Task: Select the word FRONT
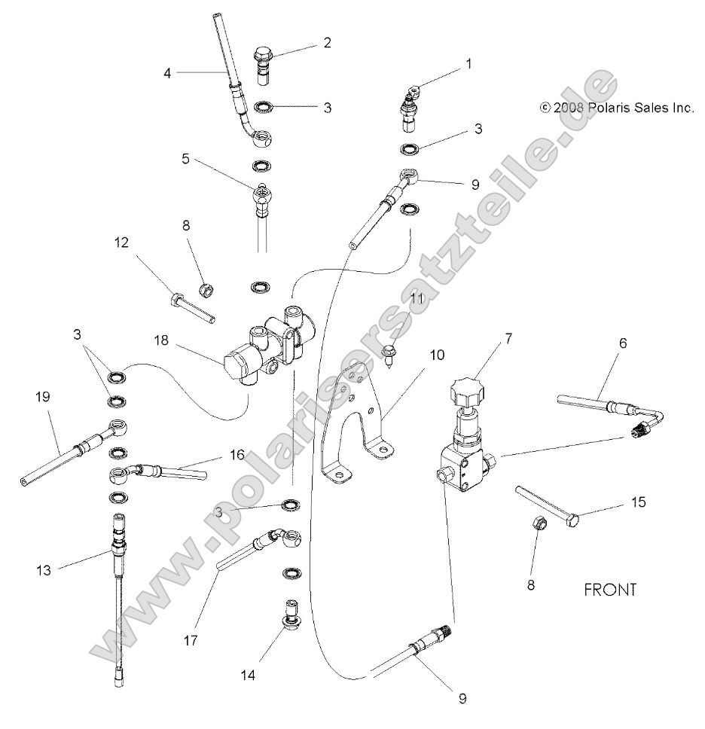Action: [610, 589]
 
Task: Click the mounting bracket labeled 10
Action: [354, 422]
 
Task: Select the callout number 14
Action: [248, 676]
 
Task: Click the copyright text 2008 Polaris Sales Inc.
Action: [616, 108]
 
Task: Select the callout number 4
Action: [167, 73]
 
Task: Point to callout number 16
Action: [237, 456]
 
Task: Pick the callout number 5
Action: [186, 160]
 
